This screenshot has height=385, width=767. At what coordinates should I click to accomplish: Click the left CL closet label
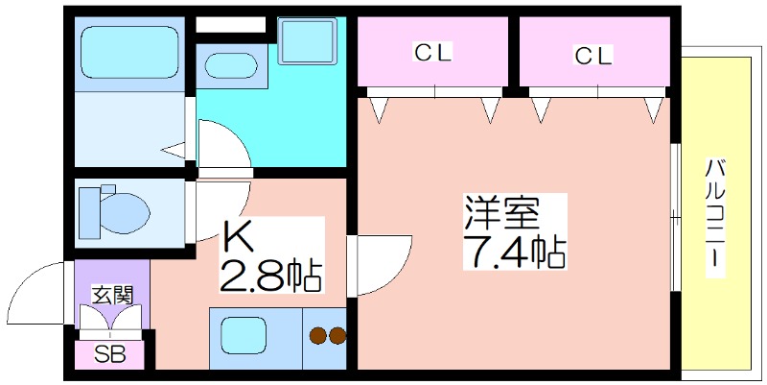[x=433, y=54]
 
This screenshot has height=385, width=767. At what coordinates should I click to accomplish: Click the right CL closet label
[x=593, y=56]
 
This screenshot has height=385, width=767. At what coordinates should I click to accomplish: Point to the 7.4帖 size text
[x=514, y=253]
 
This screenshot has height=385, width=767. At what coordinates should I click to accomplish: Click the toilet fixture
[x=114, y=208]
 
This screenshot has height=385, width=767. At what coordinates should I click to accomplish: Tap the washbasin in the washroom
[x=230, y=68]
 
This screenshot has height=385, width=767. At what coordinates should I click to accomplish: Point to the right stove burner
[x=337, y=336]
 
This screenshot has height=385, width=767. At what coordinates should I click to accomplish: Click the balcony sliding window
[x=677, y=216]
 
